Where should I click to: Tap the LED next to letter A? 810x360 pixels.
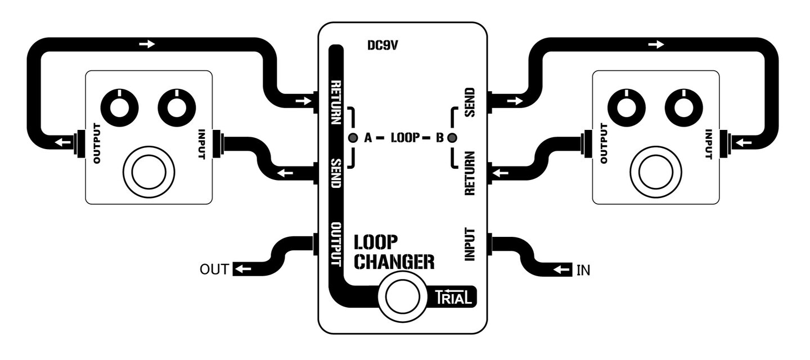pos(353,138)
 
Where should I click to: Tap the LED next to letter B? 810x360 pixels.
pos(452,138)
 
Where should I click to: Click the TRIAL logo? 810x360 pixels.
pos(452,297)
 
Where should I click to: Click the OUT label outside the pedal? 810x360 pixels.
pos(214,270)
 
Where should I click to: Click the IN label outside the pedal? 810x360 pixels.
pos(583,270)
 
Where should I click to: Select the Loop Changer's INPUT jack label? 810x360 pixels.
pos(470,244)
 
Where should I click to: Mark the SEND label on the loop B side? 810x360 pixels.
pos(470,102)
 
